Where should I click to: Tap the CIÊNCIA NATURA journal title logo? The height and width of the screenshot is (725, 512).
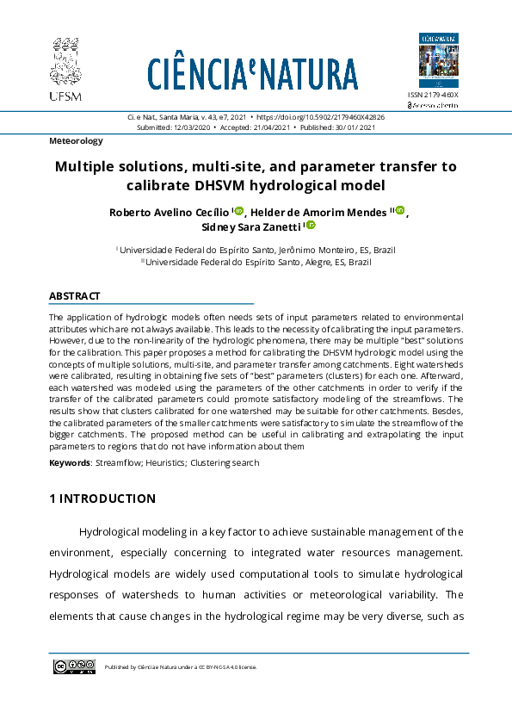[252, 74]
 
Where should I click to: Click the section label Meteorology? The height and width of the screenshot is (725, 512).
[76, 140]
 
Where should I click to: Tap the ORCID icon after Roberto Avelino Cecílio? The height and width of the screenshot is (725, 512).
[239, 211]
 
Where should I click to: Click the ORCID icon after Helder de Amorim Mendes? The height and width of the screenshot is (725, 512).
[399, 211]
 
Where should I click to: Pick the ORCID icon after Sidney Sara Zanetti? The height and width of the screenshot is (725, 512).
[311, 226]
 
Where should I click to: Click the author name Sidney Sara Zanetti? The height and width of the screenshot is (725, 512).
[252, 226]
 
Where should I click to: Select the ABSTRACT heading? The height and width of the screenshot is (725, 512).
[75, 295]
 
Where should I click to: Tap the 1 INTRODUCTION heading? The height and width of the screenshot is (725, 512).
[102, 499]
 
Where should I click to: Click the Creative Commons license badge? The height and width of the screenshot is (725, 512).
[74, 666]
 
